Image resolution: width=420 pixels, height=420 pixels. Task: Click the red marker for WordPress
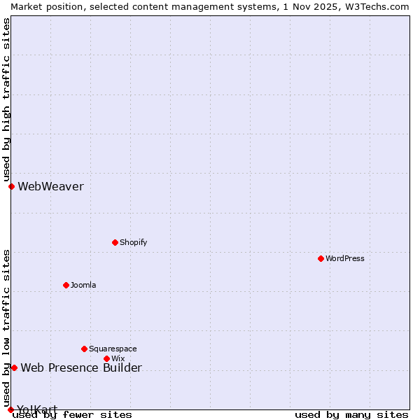tap(321, 258)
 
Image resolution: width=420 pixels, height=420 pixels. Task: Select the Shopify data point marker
tap(115, 242)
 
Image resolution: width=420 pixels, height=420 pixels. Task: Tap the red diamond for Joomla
tap(66, 285)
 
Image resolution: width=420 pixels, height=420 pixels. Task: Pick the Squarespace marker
tap(84, 349)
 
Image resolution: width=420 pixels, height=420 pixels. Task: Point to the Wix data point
tap(106, 358)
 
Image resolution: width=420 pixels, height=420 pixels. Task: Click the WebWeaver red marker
tap(11, 186)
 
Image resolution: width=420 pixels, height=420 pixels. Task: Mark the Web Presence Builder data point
tap(14, 367)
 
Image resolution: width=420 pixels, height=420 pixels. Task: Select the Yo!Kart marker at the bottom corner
tap(10, 409)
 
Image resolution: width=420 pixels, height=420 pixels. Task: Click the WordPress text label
tap(345, 258)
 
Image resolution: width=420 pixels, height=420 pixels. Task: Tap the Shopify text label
tap(133, 242)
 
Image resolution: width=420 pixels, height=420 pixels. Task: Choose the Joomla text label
tap(83, 285)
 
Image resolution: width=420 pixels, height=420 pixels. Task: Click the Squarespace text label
tap(113, 349)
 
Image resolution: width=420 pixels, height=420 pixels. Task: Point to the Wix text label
tap(118, 358)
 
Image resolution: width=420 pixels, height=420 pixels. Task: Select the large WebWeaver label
tap(50, 186)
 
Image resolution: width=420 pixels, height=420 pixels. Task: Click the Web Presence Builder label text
tap(81, 367)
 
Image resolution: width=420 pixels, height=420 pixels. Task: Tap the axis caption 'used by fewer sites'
tap(72, 414)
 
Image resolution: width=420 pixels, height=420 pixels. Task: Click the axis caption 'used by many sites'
tap(351, 414)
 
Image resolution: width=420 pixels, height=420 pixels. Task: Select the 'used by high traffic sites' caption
tap(6, 99)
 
